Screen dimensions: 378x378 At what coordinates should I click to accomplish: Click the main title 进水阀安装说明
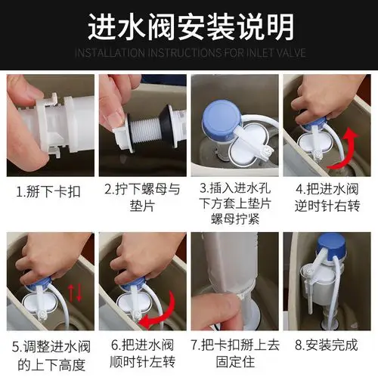pyautogui.click(x=189, y=27)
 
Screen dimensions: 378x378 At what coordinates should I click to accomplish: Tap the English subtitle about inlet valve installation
pyautogui.click(x=189, y=53)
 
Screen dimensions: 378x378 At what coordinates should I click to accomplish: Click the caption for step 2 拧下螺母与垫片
pyautogui.click(x=142, y=197)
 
